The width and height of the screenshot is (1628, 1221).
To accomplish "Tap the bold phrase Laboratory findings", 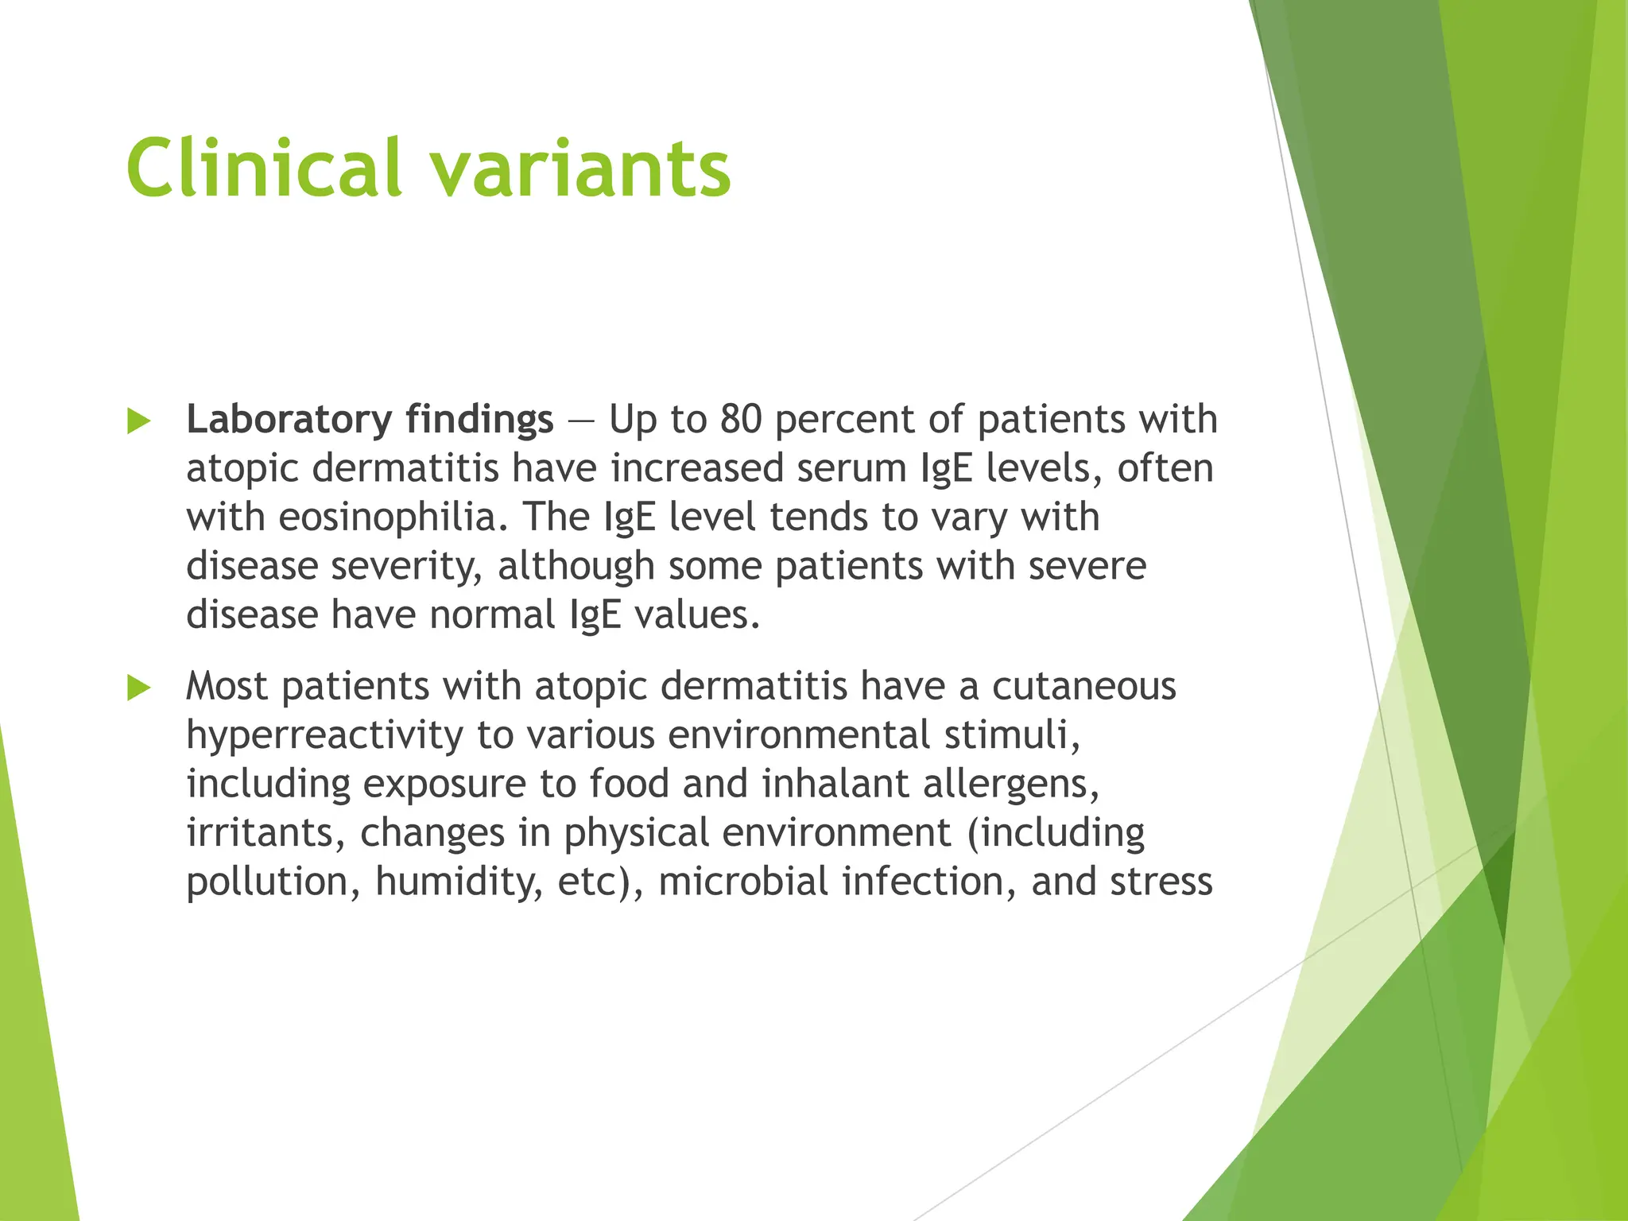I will [x=370, y=419].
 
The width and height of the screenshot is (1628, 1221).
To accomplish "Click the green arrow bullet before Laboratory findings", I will [x=139, y=421].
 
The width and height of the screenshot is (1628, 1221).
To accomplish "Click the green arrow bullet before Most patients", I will [x=139, y=688].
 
